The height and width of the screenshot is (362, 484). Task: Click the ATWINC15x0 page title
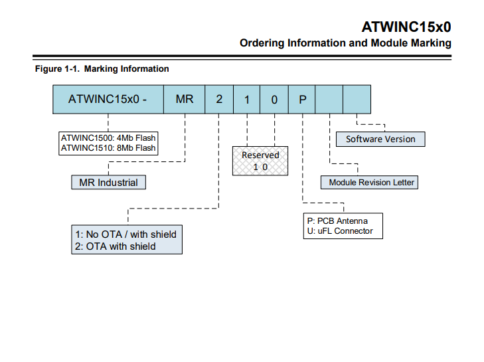point(406,27)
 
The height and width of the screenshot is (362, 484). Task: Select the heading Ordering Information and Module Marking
point(345,43)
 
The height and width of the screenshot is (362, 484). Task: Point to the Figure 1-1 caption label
point(102,69)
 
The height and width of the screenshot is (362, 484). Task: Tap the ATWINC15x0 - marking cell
point(108,100)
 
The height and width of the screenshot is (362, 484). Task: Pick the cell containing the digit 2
point(218,100)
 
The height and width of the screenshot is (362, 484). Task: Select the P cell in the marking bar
point(302,100)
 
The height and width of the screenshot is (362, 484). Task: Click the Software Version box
point(380,139)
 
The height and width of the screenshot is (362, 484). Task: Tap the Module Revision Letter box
point(371,182)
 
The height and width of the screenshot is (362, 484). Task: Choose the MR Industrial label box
point(108,182)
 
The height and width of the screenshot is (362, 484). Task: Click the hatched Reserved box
point(260,160)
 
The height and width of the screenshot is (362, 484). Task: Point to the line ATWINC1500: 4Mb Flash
point(108,138)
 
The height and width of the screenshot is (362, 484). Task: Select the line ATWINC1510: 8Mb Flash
point(108,148)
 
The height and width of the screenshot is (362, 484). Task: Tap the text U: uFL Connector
point(339,231)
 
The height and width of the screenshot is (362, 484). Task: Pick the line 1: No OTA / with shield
point(125,234)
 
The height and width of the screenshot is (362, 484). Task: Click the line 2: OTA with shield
point(115,246)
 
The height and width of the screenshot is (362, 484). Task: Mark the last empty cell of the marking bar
point(357,100)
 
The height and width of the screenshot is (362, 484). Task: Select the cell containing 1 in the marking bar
point(246,100)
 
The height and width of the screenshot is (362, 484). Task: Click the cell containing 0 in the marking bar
point(274,100)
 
